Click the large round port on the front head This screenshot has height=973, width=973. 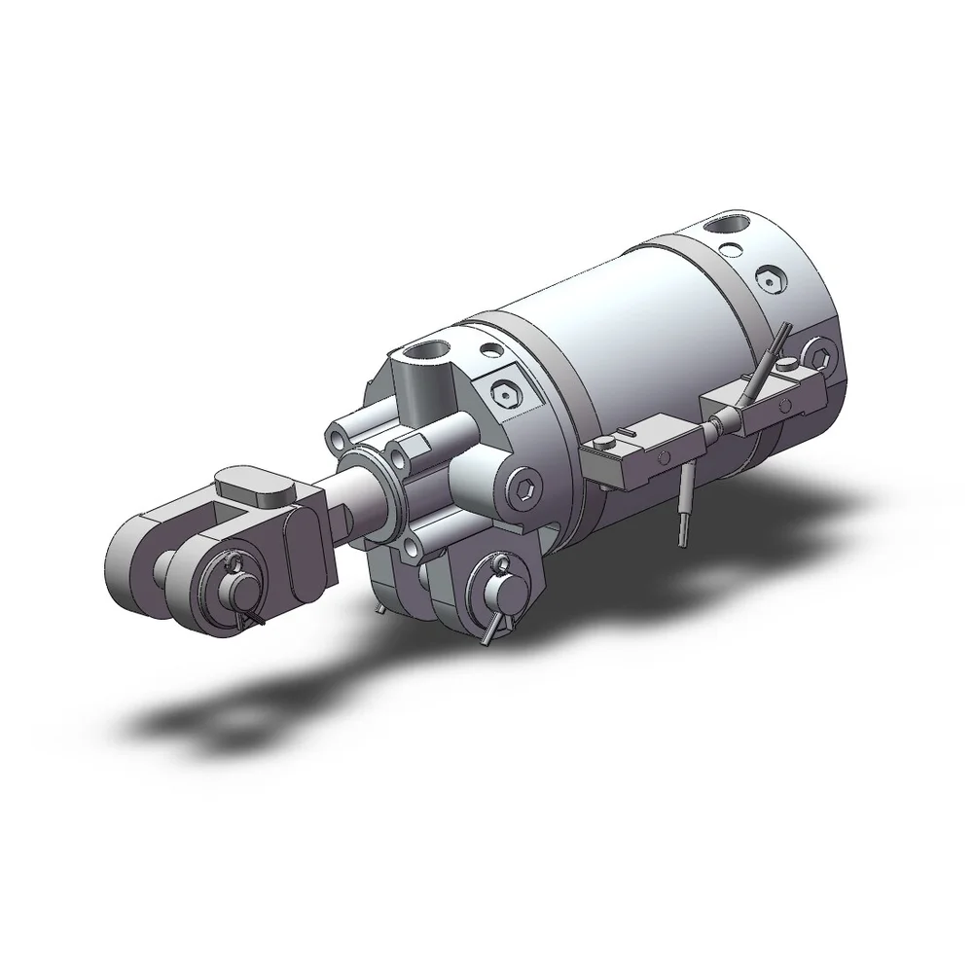[424, 352]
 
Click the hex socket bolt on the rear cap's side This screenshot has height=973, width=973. [818, 356]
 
